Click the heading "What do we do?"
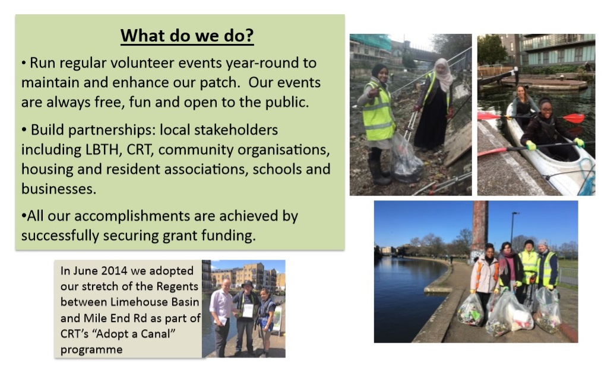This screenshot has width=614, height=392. click(187, 35)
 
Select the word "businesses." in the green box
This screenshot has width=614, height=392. click(59, 189)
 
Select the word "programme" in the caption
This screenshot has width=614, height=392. click(91, 349)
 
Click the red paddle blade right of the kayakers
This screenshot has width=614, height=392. click(574, 118)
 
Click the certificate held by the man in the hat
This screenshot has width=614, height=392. click(248, 311)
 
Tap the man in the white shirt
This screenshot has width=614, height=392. click(221, 315)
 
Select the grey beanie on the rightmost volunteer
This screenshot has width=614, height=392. click(543, 243)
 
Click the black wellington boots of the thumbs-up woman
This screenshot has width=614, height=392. click(379, 172)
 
